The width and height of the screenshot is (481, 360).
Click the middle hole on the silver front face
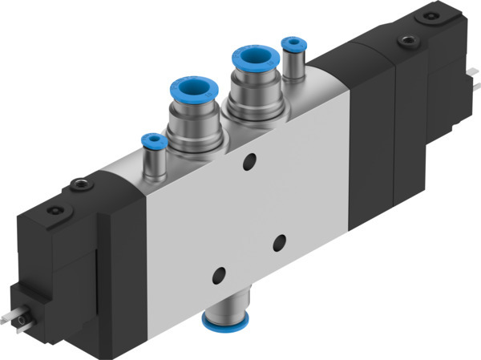279,239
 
